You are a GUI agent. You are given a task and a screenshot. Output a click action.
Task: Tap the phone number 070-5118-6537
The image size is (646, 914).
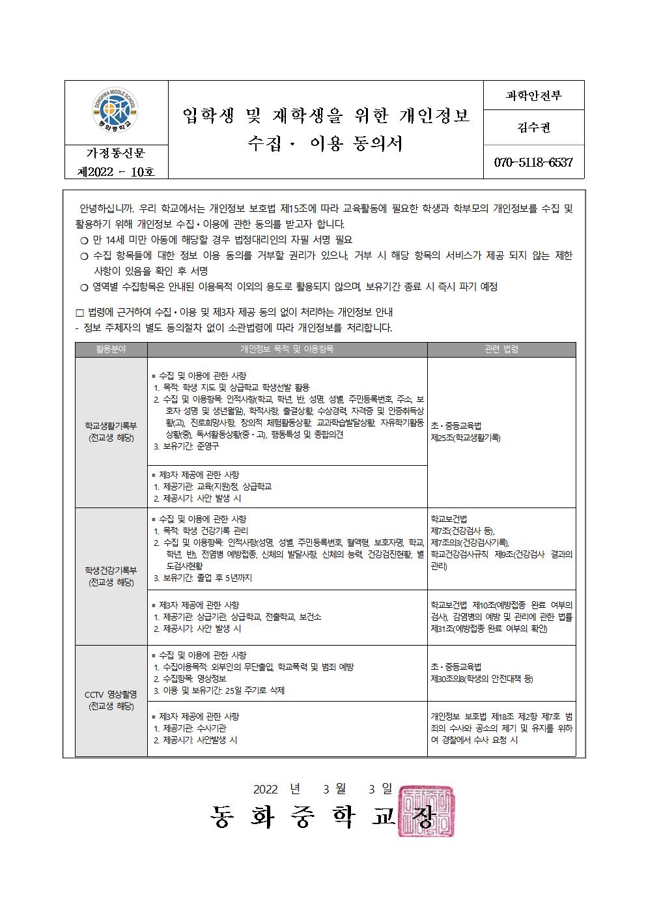pyautogui.click(x=533, y=162)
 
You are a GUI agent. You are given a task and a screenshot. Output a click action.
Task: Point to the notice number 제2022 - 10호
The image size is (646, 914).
pyautogui.click(x=116, y=171)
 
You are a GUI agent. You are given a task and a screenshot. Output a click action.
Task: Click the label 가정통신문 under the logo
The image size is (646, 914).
pyautogui.click(x=116, y=154)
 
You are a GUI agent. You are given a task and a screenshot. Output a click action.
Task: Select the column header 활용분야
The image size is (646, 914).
pyautogui.click(x=111, y=349)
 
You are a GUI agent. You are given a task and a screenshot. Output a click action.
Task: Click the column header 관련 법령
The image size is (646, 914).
pyautogui.click(x=501, y=349)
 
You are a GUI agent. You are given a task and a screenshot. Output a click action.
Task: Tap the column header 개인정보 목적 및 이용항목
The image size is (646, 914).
pyautogui.click(x=287, y=349)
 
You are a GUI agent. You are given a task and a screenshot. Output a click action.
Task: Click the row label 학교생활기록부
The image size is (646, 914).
pyautogui.click(x=111, y=425)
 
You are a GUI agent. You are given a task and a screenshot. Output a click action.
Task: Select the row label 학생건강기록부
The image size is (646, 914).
pyautogui.click(x=111, y=570)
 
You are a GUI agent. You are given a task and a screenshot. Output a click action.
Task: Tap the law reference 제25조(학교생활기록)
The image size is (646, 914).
pyautogui.click(x=466, y=438)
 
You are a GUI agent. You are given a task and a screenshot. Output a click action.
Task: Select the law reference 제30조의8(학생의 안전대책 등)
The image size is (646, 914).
pyautogui.click(x=482, y=679)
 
